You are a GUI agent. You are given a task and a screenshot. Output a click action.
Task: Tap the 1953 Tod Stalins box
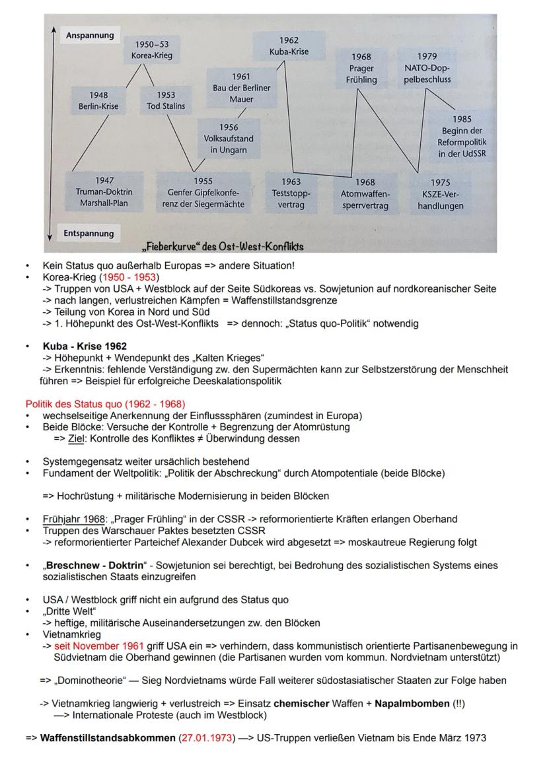(x=166, y=100)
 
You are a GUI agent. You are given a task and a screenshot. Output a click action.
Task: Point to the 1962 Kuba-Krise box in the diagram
(x=288, y=46)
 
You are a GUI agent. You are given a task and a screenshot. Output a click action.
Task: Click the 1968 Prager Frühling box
(x=361, y=69)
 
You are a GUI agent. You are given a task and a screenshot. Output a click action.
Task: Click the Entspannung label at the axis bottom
(x=89, y=233)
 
